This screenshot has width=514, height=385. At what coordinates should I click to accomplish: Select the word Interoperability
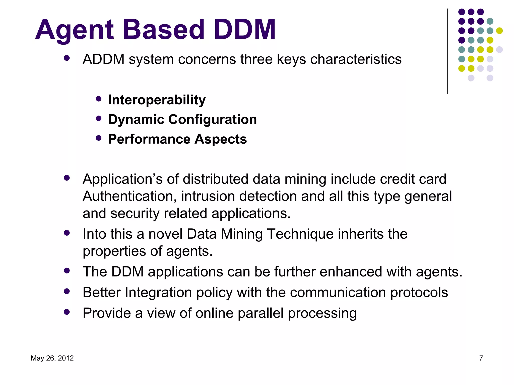(157, 100)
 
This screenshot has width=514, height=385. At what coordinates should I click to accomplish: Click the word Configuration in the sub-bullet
(213, 119)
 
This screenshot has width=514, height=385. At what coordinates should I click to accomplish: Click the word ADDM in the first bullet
(104, 59)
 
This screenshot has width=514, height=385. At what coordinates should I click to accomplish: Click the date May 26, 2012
(52, 358)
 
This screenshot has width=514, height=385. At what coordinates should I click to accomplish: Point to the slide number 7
(481, 358)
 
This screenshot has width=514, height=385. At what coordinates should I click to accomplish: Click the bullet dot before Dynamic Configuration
(99, 118)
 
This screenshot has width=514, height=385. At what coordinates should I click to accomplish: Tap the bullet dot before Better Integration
(67, 291)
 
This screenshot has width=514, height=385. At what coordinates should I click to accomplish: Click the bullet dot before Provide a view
(67, 312)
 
